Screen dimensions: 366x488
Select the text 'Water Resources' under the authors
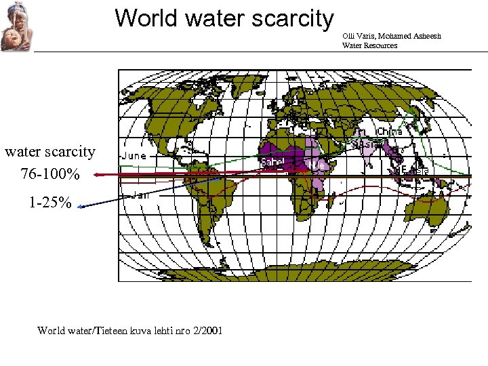point(370,45)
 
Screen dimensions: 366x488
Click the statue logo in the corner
point(15,28)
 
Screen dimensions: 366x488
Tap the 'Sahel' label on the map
point(272,163)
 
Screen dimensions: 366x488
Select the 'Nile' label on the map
point(317,165)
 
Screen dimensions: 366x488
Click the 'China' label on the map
point(389,131)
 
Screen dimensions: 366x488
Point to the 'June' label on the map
point(134,156)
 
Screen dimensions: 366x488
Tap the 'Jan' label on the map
point(140,195)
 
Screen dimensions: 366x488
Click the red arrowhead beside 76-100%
point(97,175)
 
